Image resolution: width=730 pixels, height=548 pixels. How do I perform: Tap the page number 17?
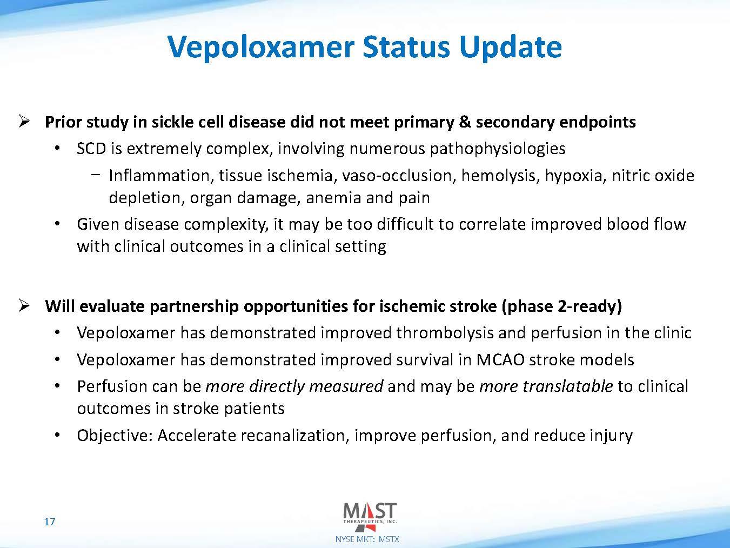(x=49, y=522)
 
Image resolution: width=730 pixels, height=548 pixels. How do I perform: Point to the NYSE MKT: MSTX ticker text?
(x=367, y=539)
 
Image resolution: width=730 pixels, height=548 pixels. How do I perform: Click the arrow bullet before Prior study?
(x=24, y=121)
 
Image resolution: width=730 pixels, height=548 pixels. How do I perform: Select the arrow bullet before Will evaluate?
(x=24, y=306)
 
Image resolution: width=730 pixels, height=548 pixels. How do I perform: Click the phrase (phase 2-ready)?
(x=561, y=306)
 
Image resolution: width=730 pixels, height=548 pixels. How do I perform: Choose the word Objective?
(x=115, y=436)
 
